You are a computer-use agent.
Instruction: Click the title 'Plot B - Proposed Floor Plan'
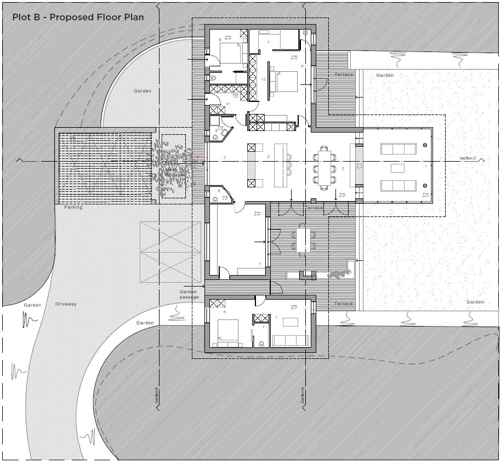click(78, 17)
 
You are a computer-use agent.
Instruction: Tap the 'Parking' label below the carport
click(73, 208)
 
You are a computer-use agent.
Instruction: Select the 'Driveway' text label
click(66, 304)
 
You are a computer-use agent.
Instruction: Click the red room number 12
click(264, 80)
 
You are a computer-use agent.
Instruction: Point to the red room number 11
click(228, 104)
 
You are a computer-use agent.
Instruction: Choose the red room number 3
click(268, 157)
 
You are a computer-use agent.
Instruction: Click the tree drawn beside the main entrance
click(173, 167)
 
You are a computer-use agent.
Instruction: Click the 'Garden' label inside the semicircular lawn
click(143, 91)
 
